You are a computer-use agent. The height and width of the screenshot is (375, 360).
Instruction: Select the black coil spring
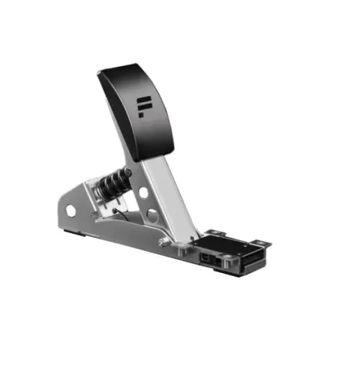(x=114, y=184)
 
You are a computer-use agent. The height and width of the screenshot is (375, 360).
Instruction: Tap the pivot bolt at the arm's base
(x=163, y=241)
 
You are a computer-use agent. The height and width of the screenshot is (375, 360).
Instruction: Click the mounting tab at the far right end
(x=261, y=243)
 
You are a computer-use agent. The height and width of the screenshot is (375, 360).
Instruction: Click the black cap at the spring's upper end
(x=127, y=174)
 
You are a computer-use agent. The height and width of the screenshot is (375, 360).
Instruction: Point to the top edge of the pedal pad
(x=120, y=67)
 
